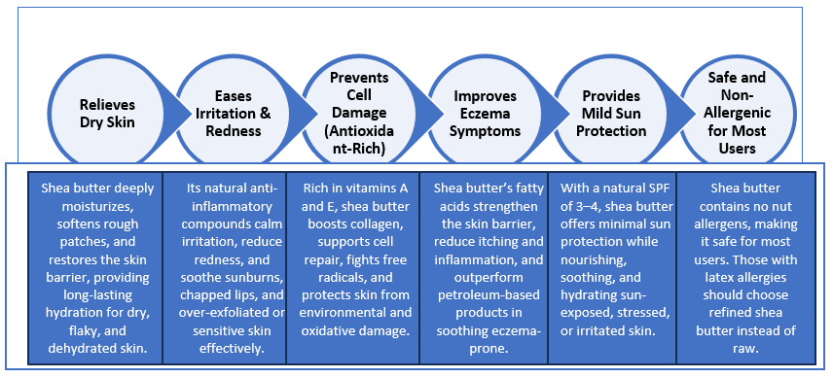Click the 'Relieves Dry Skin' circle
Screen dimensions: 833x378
click(108, 114)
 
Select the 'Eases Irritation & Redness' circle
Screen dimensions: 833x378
click(235, 114)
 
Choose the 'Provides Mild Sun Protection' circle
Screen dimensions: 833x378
click(614, 114)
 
